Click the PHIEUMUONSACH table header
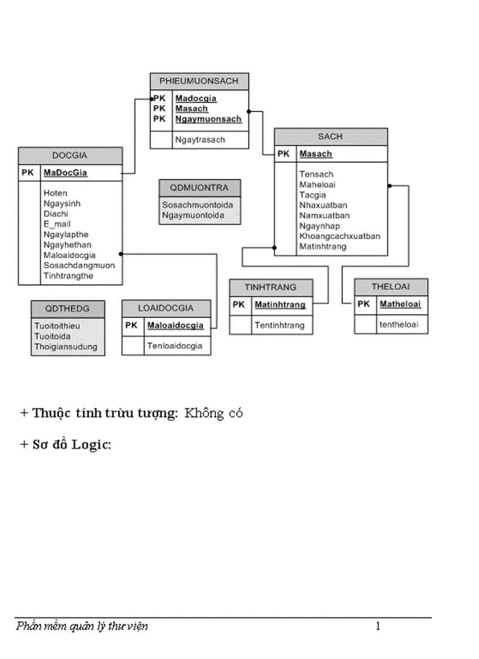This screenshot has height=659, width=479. pos(199,82)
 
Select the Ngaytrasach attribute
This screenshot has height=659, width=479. pos(200,140)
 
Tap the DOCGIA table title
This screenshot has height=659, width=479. pos(70,156)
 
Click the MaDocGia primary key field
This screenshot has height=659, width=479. pos(65,173)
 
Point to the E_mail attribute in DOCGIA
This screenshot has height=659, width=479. pos(57,224)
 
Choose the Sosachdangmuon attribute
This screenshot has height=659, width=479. pos(79,265)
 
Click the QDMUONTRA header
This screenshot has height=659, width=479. pos(200,188)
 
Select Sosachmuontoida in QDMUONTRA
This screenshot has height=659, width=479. pos(197,205)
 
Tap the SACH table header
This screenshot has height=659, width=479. pos(330,137)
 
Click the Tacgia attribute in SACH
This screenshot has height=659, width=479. pos(312,195)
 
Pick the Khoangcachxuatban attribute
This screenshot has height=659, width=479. pos(340,236)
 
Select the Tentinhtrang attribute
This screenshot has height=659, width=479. pos(279,325)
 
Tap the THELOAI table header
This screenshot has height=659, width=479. pos(390,287)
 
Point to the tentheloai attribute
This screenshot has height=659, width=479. pos(399,324)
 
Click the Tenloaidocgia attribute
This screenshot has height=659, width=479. pos(174,346)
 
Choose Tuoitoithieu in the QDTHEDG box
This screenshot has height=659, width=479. pos(57,326)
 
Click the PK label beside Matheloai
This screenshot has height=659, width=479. pos(363,304)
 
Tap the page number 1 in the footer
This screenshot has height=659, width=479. pos(378,627)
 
